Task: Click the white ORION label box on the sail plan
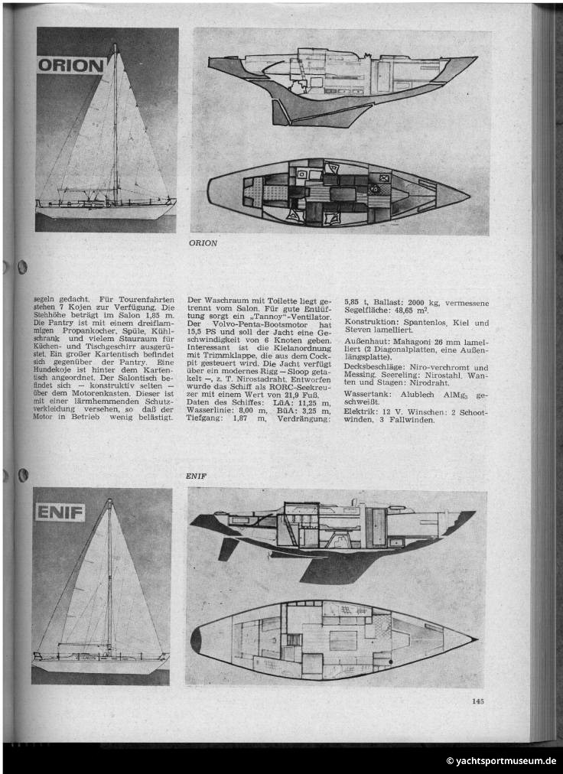point(71,65)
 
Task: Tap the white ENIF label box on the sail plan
point(60,512)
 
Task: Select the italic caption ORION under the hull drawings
point(203,243)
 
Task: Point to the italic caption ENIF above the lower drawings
point(197,475)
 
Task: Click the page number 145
point(478,700)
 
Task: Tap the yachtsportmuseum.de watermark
point(501,761)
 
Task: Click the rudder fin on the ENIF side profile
point(228,548)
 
